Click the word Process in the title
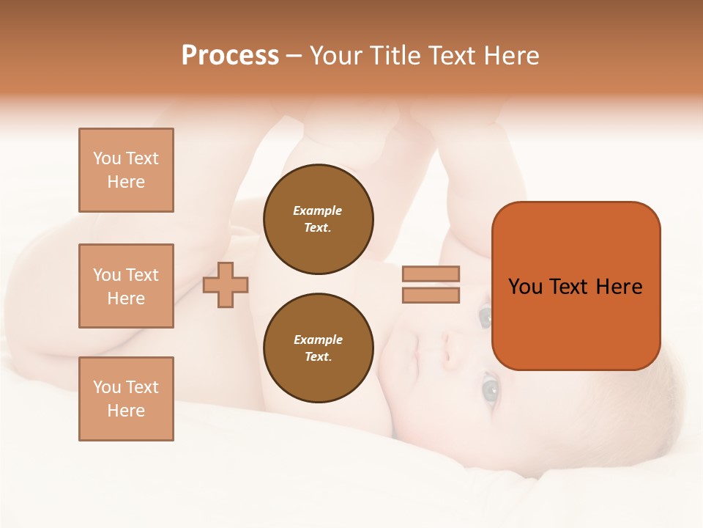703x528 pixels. pyautogui.click(x=230, y=56)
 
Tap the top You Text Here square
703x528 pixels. pyautogui.click(x=126, y=170)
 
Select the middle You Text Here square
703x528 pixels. pyautogui.click(x=126, y=286)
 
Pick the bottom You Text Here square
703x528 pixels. pyautogui.click(x=126, y=399)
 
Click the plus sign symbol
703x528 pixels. pyautogui.click(x=226, y=285)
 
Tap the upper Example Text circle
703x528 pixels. pyautogui.click(x=318, y=219)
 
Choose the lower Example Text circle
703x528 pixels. pyautogui.click(x=318, y=348)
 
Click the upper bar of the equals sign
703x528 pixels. pyautogui.click(x=431, y=274)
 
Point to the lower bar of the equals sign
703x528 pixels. pyautogui.click(x=431, y=295)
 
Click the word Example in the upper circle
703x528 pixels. pyautogui.click(x=318, y=210)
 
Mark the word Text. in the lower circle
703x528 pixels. pyautogui.click(x=318, y=356)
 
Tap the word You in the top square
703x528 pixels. pyautogui.click(x=106, y=158)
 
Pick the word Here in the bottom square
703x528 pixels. pyautogui.click(x=126, y=411)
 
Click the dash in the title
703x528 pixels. pyautogui.click(x=294, y=56)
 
